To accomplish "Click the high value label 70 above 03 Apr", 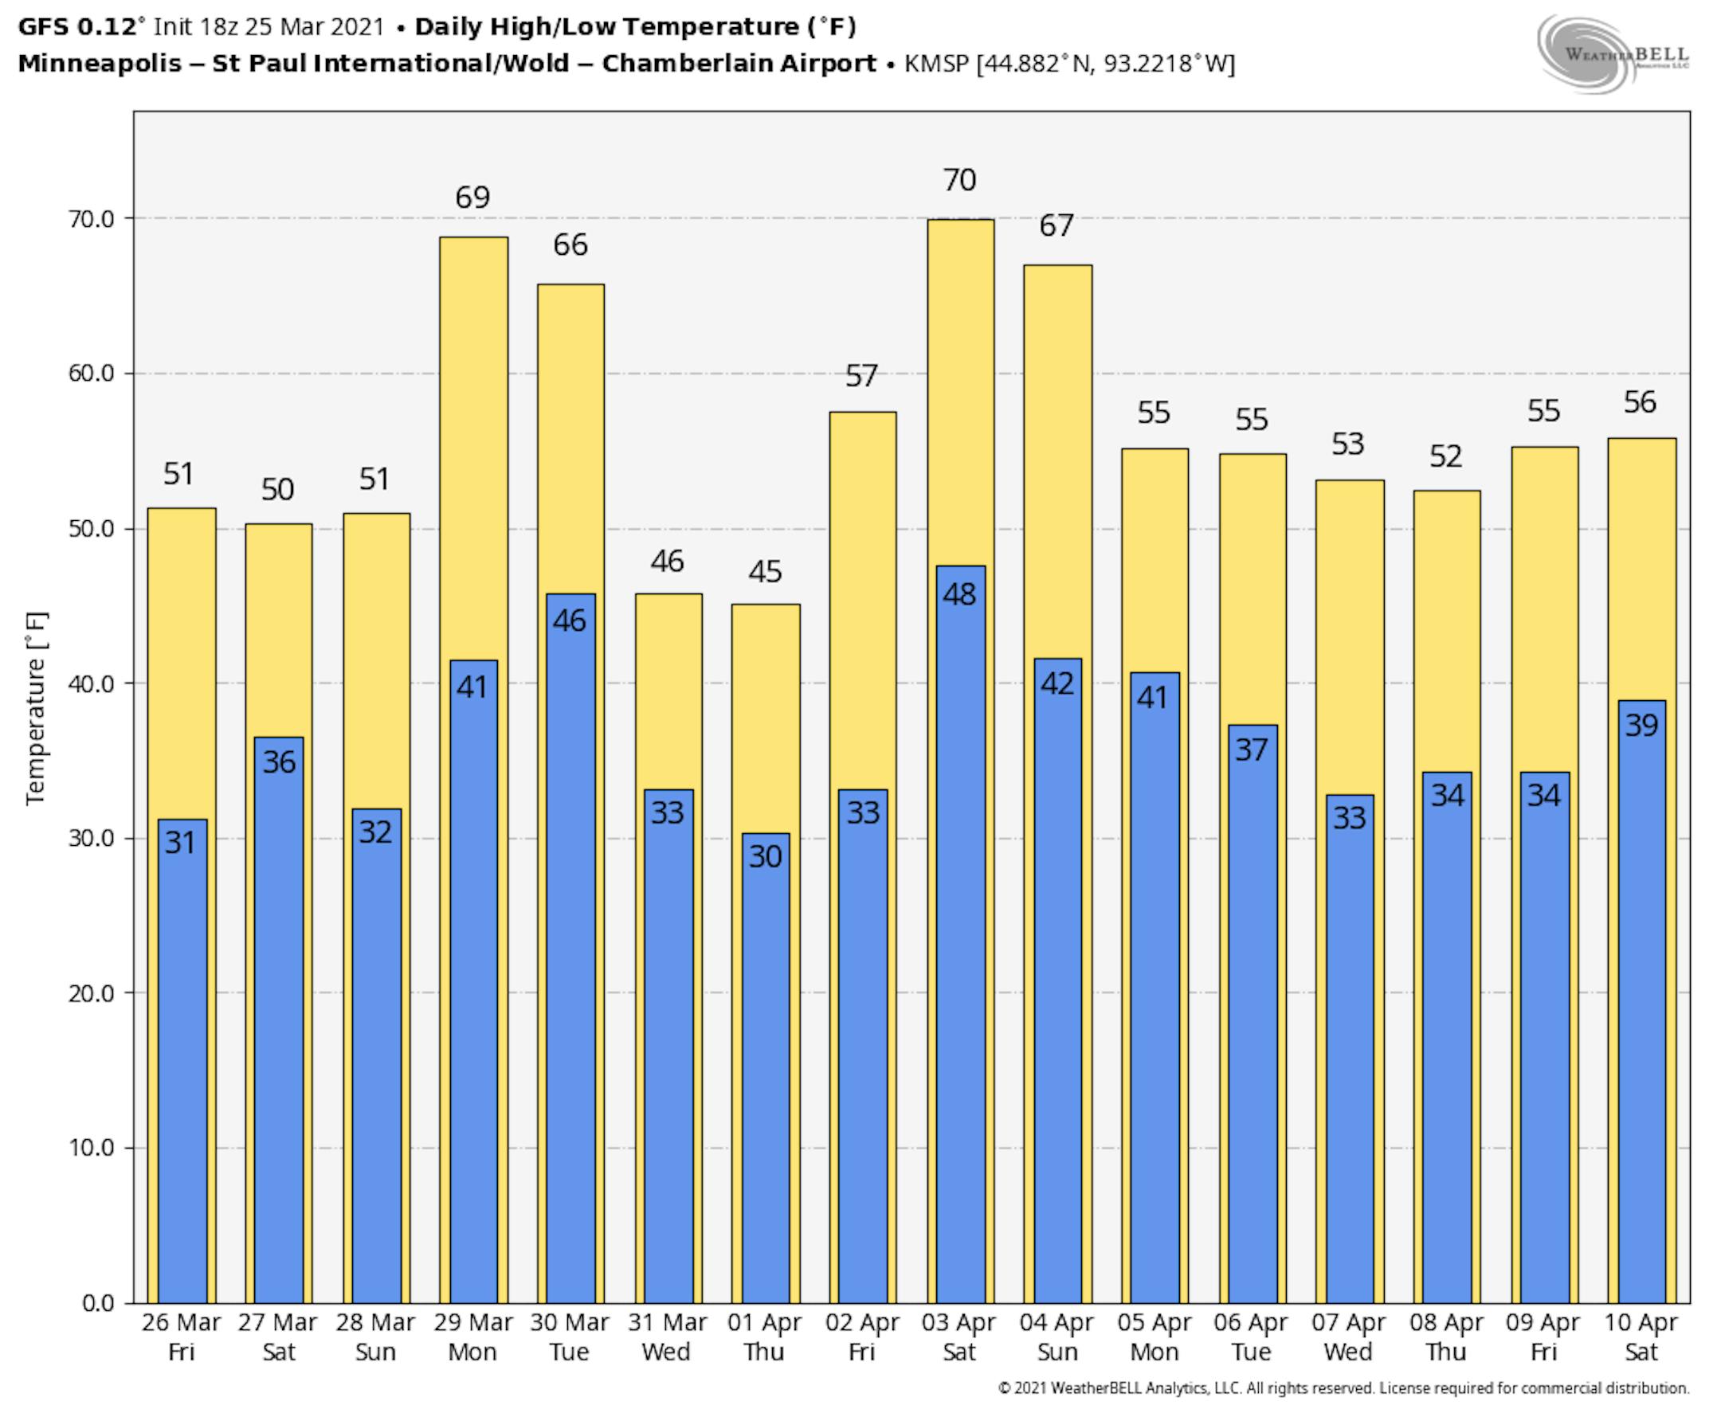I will click(960, 180).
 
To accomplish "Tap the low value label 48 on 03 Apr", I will click(960, 594).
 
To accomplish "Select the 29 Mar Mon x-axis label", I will click(472, 1337).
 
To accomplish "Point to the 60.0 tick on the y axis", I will click(90, 374).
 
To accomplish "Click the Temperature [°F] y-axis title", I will click(36, 708).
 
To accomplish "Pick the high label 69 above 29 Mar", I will click(472, 198).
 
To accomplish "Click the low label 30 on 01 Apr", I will click(765, 856).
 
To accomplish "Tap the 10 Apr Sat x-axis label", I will click(1641, 1337).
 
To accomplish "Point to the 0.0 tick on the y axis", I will click(98, 1303).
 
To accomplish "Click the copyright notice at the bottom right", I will click(1343, 1388).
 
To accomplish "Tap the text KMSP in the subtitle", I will click(937, 64).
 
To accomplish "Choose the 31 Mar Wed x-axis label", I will click(667, 1337).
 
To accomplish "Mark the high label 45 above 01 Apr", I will click(765, 572).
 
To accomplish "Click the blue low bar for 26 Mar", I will click(182, 1058).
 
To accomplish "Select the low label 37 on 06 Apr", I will click(1251, 750).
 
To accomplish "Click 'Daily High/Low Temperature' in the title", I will click(607, 27).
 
